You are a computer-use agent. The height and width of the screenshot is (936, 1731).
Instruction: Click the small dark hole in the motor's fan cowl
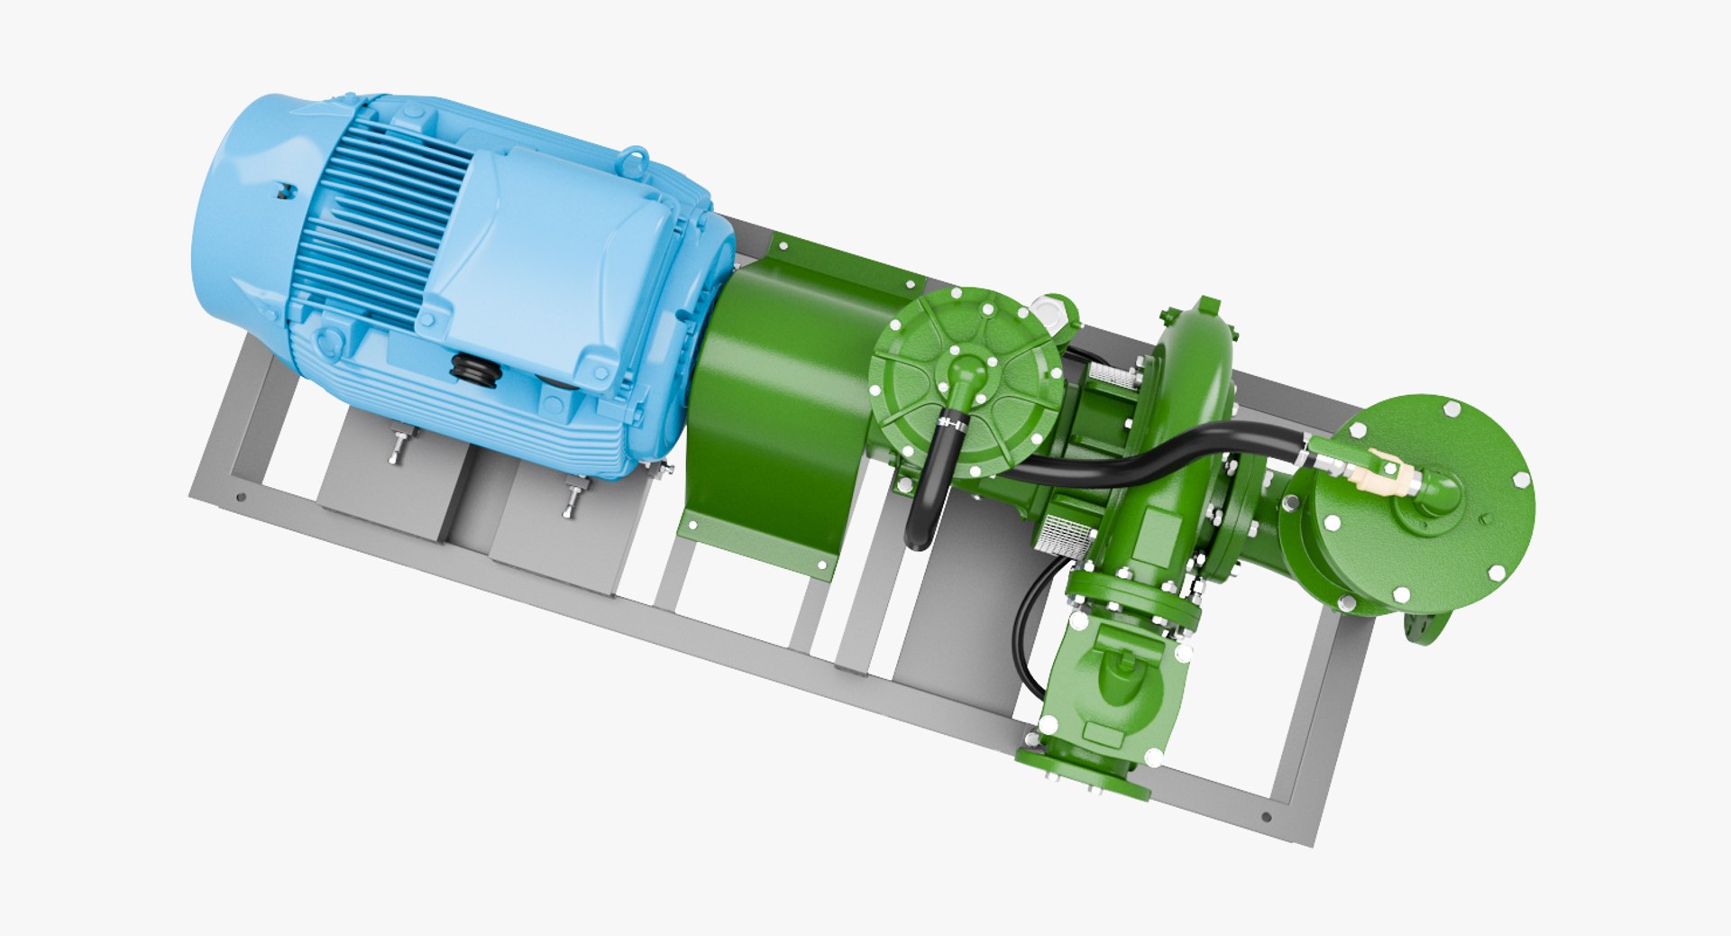(x=287, y=190)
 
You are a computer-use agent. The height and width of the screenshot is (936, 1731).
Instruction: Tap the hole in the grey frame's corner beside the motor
(x=240, y=497)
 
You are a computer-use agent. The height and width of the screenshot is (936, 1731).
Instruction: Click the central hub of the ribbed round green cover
(x=966, y=370)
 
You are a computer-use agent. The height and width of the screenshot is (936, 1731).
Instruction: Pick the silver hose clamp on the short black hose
(x=950, y=420)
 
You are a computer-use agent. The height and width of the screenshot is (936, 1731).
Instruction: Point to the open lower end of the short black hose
(x=916, y=539)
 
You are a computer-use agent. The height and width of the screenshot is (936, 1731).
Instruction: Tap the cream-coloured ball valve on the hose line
(x=1377, y=476)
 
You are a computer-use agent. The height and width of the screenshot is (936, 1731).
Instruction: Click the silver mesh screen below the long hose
(x=1068, y=536)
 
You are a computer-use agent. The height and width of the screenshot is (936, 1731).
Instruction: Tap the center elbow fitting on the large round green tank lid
(x=1433, y=494)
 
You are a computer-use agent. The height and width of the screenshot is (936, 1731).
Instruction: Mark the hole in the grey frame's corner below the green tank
(x=1266, y=817)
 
